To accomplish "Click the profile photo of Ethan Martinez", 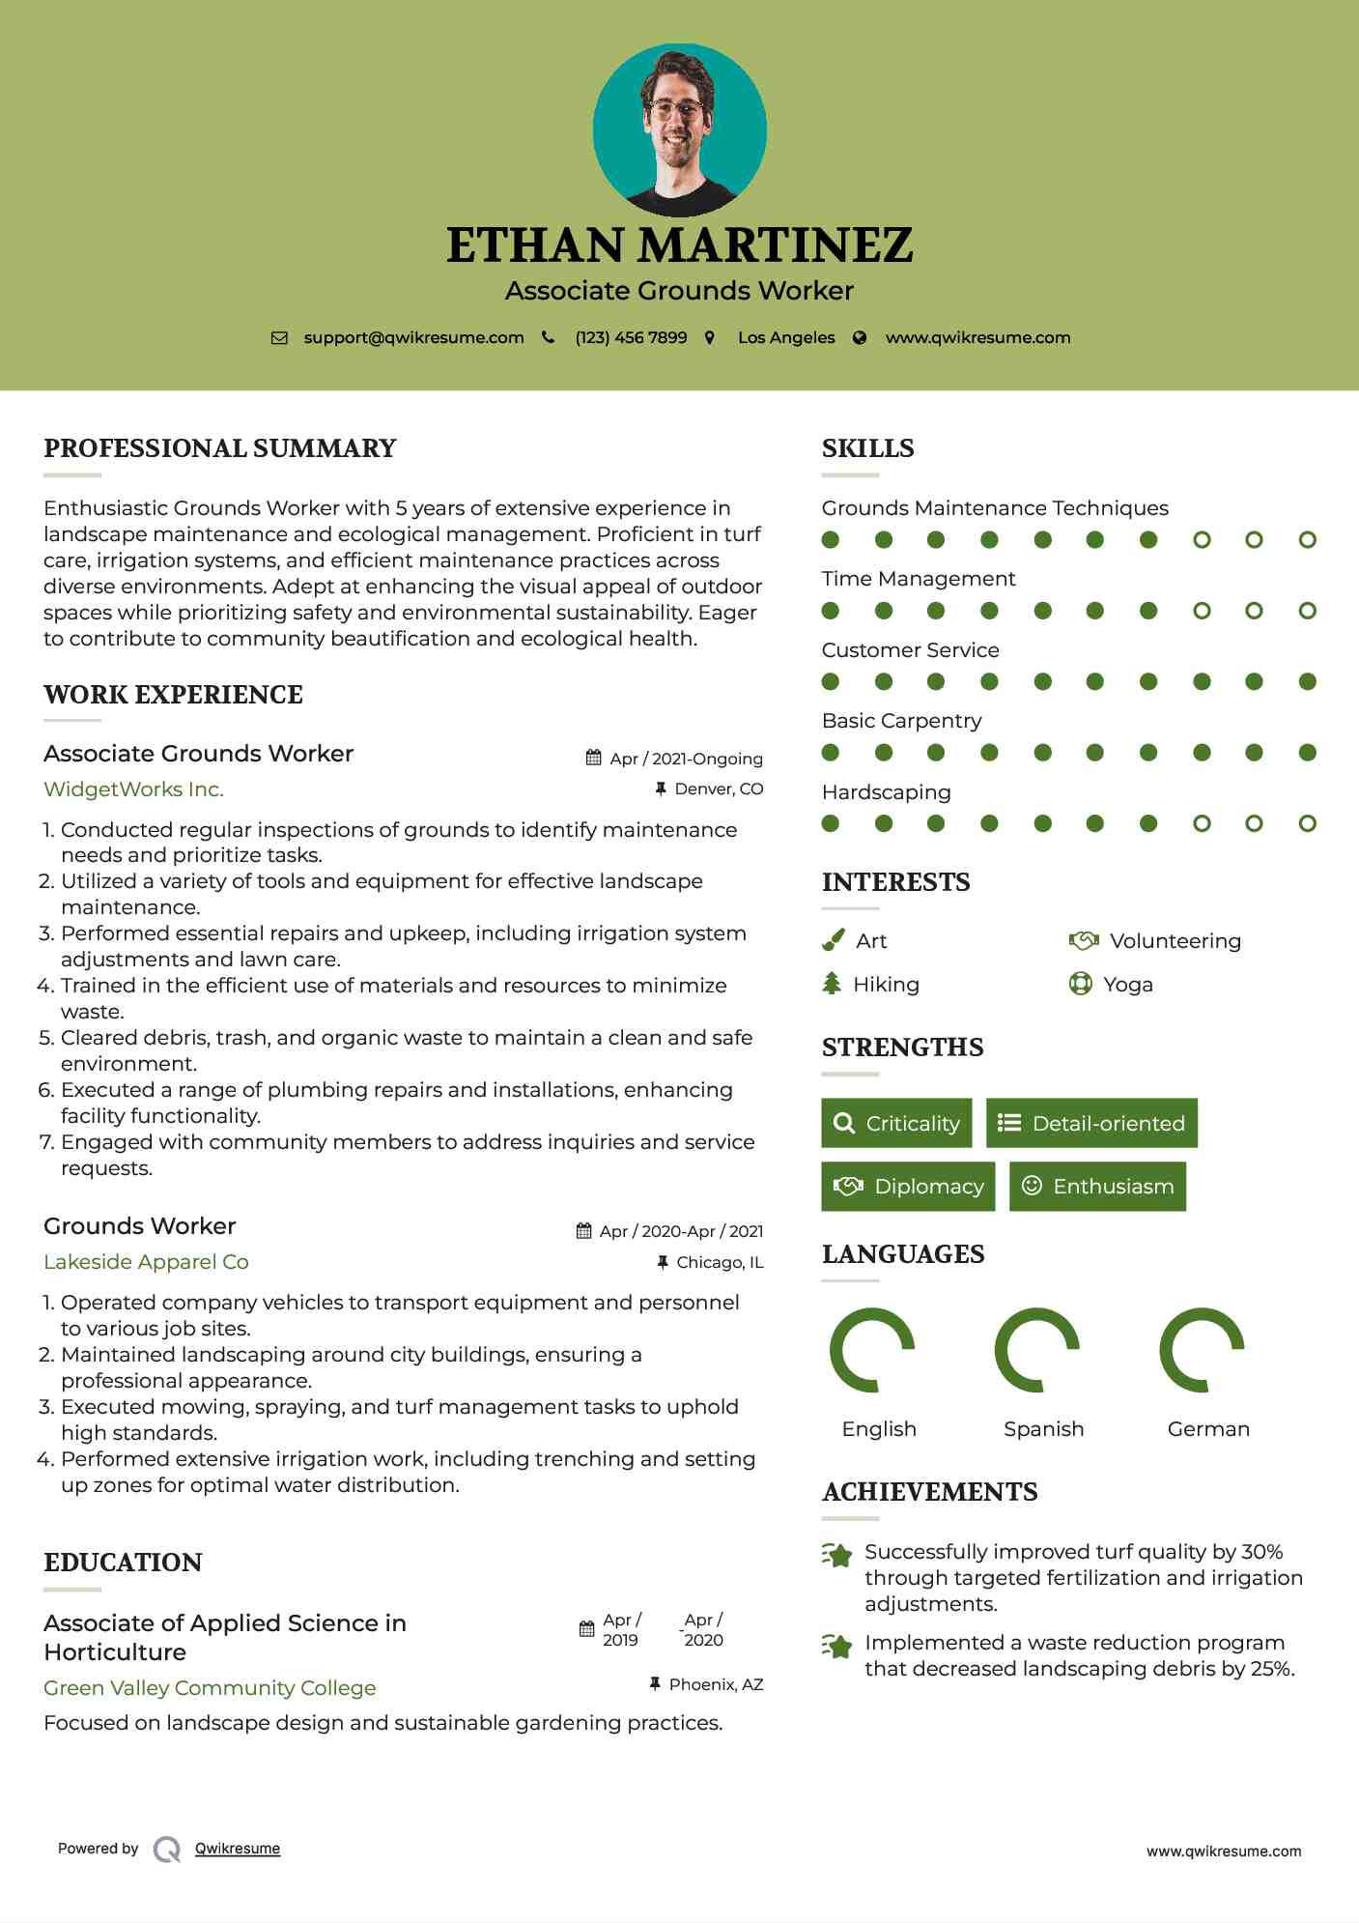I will tap(679, 129).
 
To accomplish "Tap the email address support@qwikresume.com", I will tap(413, 337).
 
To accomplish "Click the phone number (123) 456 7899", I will tap(631, 337).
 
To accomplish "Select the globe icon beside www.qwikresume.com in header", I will tap(860, 337).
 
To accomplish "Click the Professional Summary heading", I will tap(220, 448).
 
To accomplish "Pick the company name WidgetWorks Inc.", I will tap(133, 789).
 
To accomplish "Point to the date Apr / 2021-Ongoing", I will tap(686, 759).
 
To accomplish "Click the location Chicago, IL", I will tap(720, 1262).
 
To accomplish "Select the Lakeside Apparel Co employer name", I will tap(146, 1262).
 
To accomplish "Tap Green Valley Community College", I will tap(210, 1688).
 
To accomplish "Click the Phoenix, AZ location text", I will tap(716, 1684).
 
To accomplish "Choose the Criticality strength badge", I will tap(896, 1123).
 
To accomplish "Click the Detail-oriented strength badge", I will tap(1091, 1123).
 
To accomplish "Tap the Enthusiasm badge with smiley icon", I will tap(1097, 1186).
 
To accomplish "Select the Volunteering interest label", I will tap(1175, 941).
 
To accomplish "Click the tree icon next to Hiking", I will tap(832, 984).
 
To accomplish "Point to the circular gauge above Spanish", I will tap(1037, 1350).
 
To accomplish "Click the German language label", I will tap(1208, 1429).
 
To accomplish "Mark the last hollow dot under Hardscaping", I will tap(1307, 823).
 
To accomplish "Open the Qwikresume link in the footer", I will tap(238, 1849).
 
